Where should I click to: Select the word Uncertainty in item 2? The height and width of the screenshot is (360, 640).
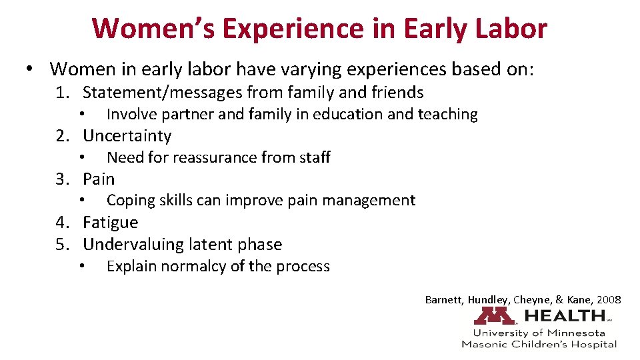tap(127, 136)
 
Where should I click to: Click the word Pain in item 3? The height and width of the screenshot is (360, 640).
tap(99, 179)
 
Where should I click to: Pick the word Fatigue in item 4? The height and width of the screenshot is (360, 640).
tap(111, 223)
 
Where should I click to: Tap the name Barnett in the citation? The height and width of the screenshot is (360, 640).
tap(443, 300)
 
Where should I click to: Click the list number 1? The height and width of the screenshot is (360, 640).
tap(61, 93)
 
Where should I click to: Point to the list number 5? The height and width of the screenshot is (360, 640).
tap(61, 245)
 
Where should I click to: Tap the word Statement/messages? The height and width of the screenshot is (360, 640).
tap(161, 93)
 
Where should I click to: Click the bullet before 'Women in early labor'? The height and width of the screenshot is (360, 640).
tap(30, 69)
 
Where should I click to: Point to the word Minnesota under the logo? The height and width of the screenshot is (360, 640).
tap(579, 333)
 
